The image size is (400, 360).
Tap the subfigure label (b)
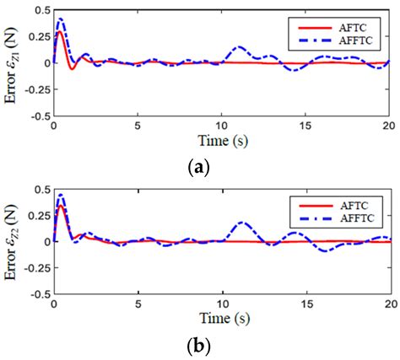click(199, 346)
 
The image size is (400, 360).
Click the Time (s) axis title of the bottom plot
click(222, 320)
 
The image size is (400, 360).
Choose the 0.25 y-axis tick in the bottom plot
click(37, 215)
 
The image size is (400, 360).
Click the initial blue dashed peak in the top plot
click(60, 19)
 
